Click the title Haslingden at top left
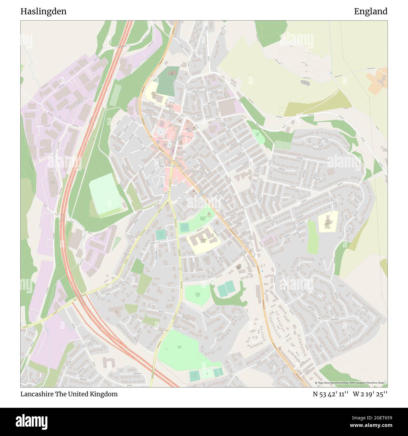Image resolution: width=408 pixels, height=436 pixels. point(43,12)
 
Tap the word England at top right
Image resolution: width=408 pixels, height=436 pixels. point(371,12)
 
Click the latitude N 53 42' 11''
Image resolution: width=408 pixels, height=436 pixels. point(330,394)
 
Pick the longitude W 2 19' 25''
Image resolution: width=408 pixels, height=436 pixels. point(370,394)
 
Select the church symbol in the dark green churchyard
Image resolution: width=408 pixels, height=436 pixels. point(172,73)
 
